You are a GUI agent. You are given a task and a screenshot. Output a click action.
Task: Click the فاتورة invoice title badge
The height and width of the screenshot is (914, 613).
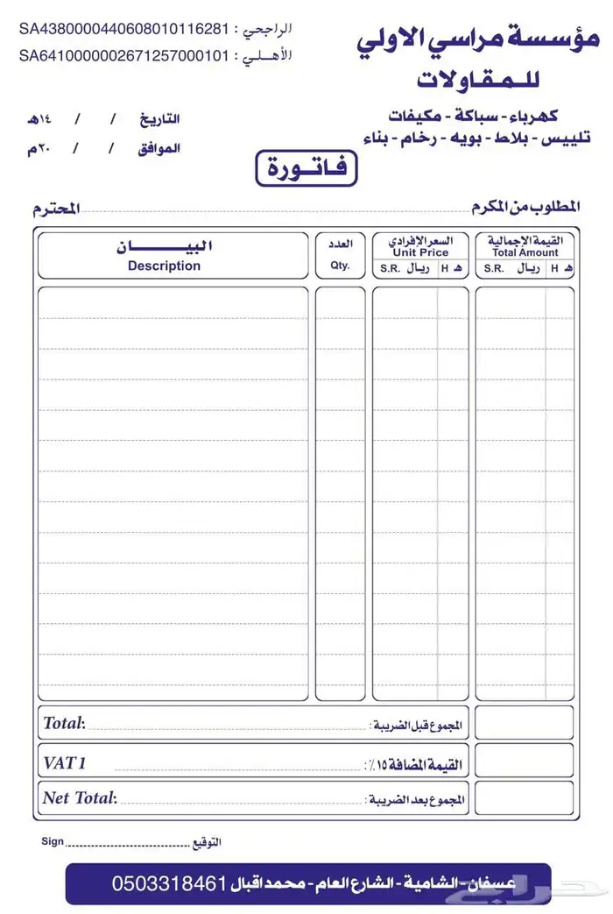306,167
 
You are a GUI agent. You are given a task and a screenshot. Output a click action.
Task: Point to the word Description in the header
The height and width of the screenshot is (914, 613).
164,266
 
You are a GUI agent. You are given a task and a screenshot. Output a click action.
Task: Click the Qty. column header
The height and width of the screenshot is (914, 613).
340,266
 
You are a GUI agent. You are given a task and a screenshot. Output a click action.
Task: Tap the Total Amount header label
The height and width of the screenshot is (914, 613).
525,252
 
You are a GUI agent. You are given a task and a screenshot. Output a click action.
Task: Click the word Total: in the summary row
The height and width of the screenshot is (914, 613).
64,724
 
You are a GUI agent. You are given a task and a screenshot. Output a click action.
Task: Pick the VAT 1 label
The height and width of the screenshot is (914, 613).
65,762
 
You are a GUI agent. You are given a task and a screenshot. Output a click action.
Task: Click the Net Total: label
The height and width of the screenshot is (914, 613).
79,797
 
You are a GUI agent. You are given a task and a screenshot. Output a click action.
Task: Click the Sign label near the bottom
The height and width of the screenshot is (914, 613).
53,841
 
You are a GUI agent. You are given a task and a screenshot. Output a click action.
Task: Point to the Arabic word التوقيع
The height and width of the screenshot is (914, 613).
207,842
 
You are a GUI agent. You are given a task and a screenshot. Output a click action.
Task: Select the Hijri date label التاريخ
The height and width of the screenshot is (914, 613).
160,118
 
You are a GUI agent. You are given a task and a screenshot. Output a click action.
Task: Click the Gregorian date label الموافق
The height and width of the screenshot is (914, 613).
159,148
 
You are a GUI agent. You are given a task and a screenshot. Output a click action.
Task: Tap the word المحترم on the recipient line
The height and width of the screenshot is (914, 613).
57,209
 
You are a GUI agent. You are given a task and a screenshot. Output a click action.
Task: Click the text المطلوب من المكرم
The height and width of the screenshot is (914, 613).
525,207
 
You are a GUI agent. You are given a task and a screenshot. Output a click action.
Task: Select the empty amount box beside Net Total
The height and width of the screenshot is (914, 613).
525,797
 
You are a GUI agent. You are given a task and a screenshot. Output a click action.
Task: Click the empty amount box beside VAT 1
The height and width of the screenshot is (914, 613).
525,761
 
